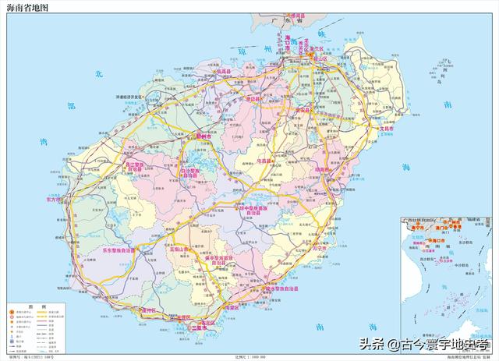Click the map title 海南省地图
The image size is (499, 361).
click(28, 7)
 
